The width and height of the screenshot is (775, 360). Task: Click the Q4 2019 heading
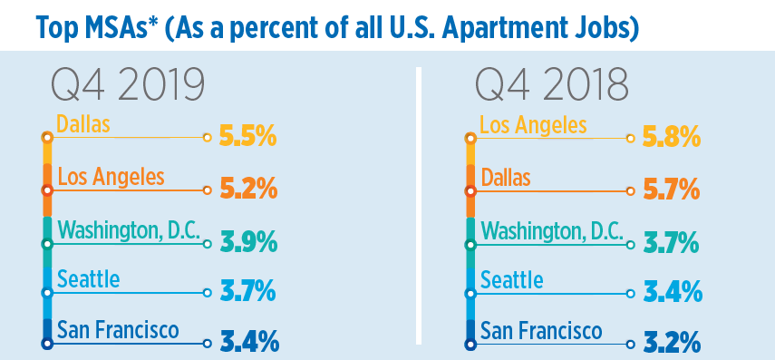tap(128, 86)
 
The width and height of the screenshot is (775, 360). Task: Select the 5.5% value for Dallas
tap(247, 139)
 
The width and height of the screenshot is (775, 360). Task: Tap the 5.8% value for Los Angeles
tap(671, 139)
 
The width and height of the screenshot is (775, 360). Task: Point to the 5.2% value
tap(247, 191)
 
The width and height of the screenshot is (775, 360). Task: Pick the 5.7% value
tap(671, 191)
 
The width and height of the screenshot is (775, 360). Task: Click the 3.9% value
tap(247, 244)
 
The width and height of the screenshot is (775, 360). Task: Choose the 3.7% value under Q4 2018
tap(671, 244)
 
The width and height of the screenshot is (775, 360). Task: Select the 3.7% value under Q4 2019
tap(247, 294)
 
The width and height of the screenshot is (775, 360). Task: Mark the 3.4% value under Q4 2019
tap(247, 344)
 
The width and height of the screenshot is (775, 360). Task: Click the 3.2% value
tap(671, 344)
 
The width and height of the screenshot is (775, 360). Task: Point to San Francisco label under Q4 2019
tap(118, 330)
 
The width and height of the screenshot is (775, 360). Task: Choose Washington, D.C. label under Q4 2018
tap(552, 229)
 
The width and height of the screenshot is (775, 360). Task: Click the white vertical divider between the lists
tap(419, 209)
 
